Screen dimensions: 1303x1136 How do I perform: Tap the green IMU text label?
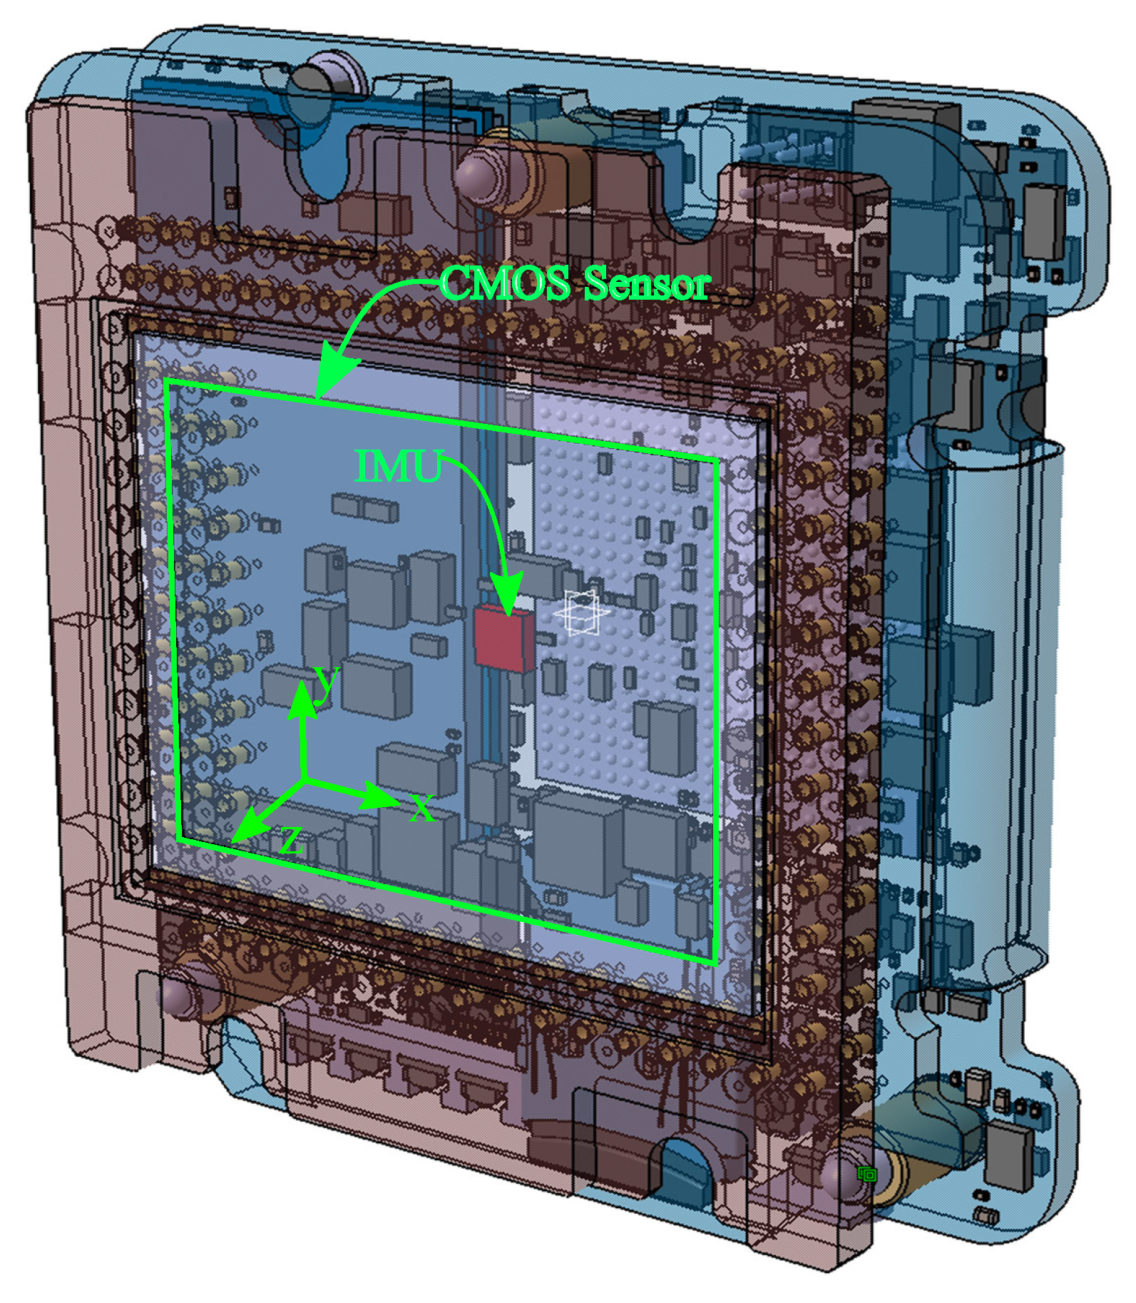[398, 467]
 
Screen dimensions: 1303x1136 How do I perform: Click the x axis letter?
[422, 808]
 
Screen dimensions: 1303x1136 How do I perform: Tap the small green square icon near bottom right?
[867, 1175]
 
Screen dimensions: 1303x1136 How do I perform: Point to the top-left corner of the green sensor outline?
[167, 382]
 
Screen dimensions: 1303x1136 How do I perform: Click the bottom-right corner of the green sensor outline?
[715, 963]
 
